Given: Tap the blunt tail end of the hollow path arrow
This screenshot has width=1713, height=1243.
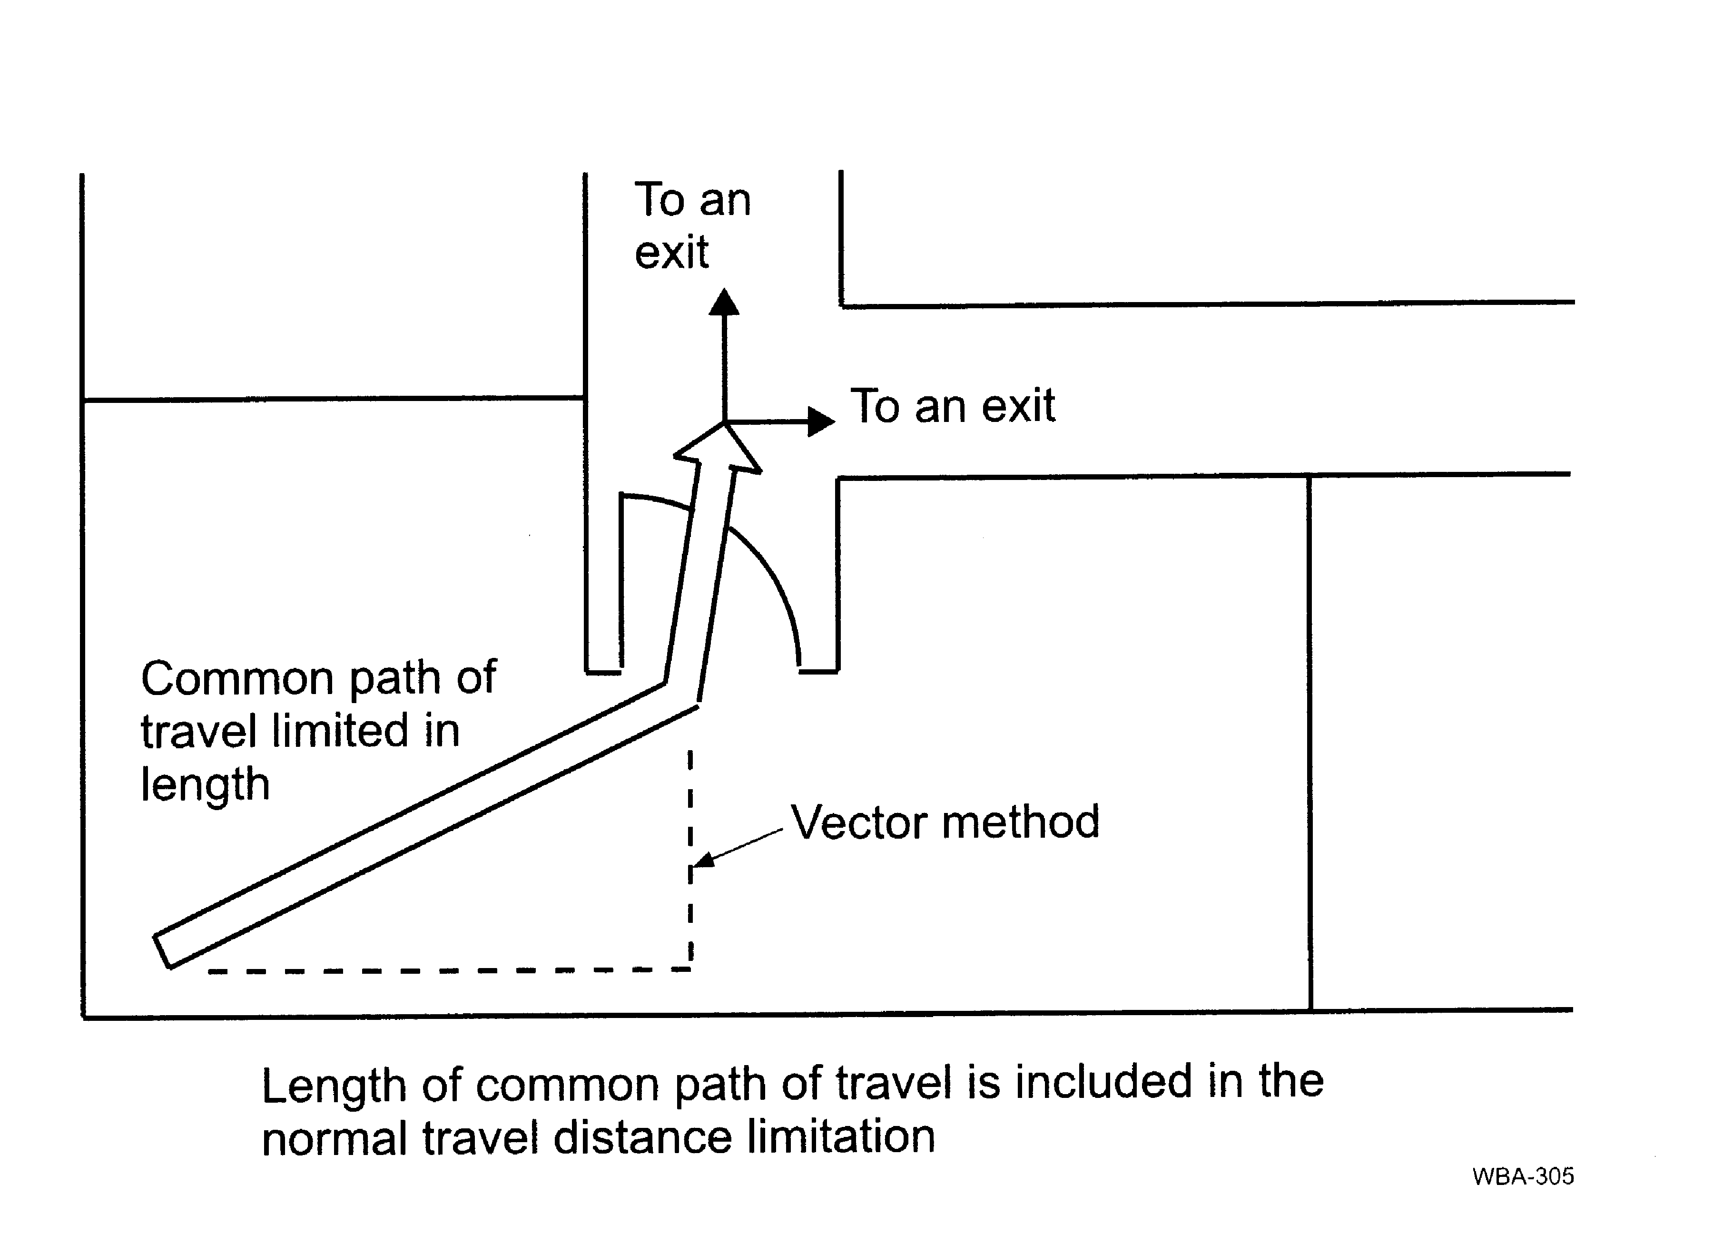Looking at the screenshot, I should click(162, 951).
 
